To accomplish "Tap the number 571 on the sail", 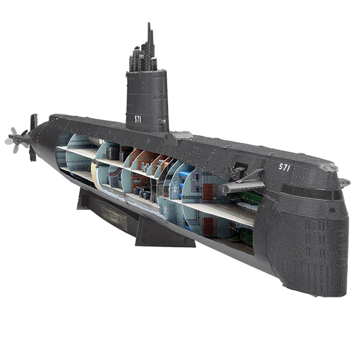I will pyautogui.click(x=138, y=119).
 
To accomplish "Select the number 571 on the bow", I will pyautogui.click(x=284, y=167).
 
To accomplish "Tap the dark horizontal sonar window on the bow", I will pyautogui.click(x=311, y=193).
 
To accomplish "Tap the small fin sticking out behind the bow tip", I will pyautogui.click(x=344, y=182).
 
